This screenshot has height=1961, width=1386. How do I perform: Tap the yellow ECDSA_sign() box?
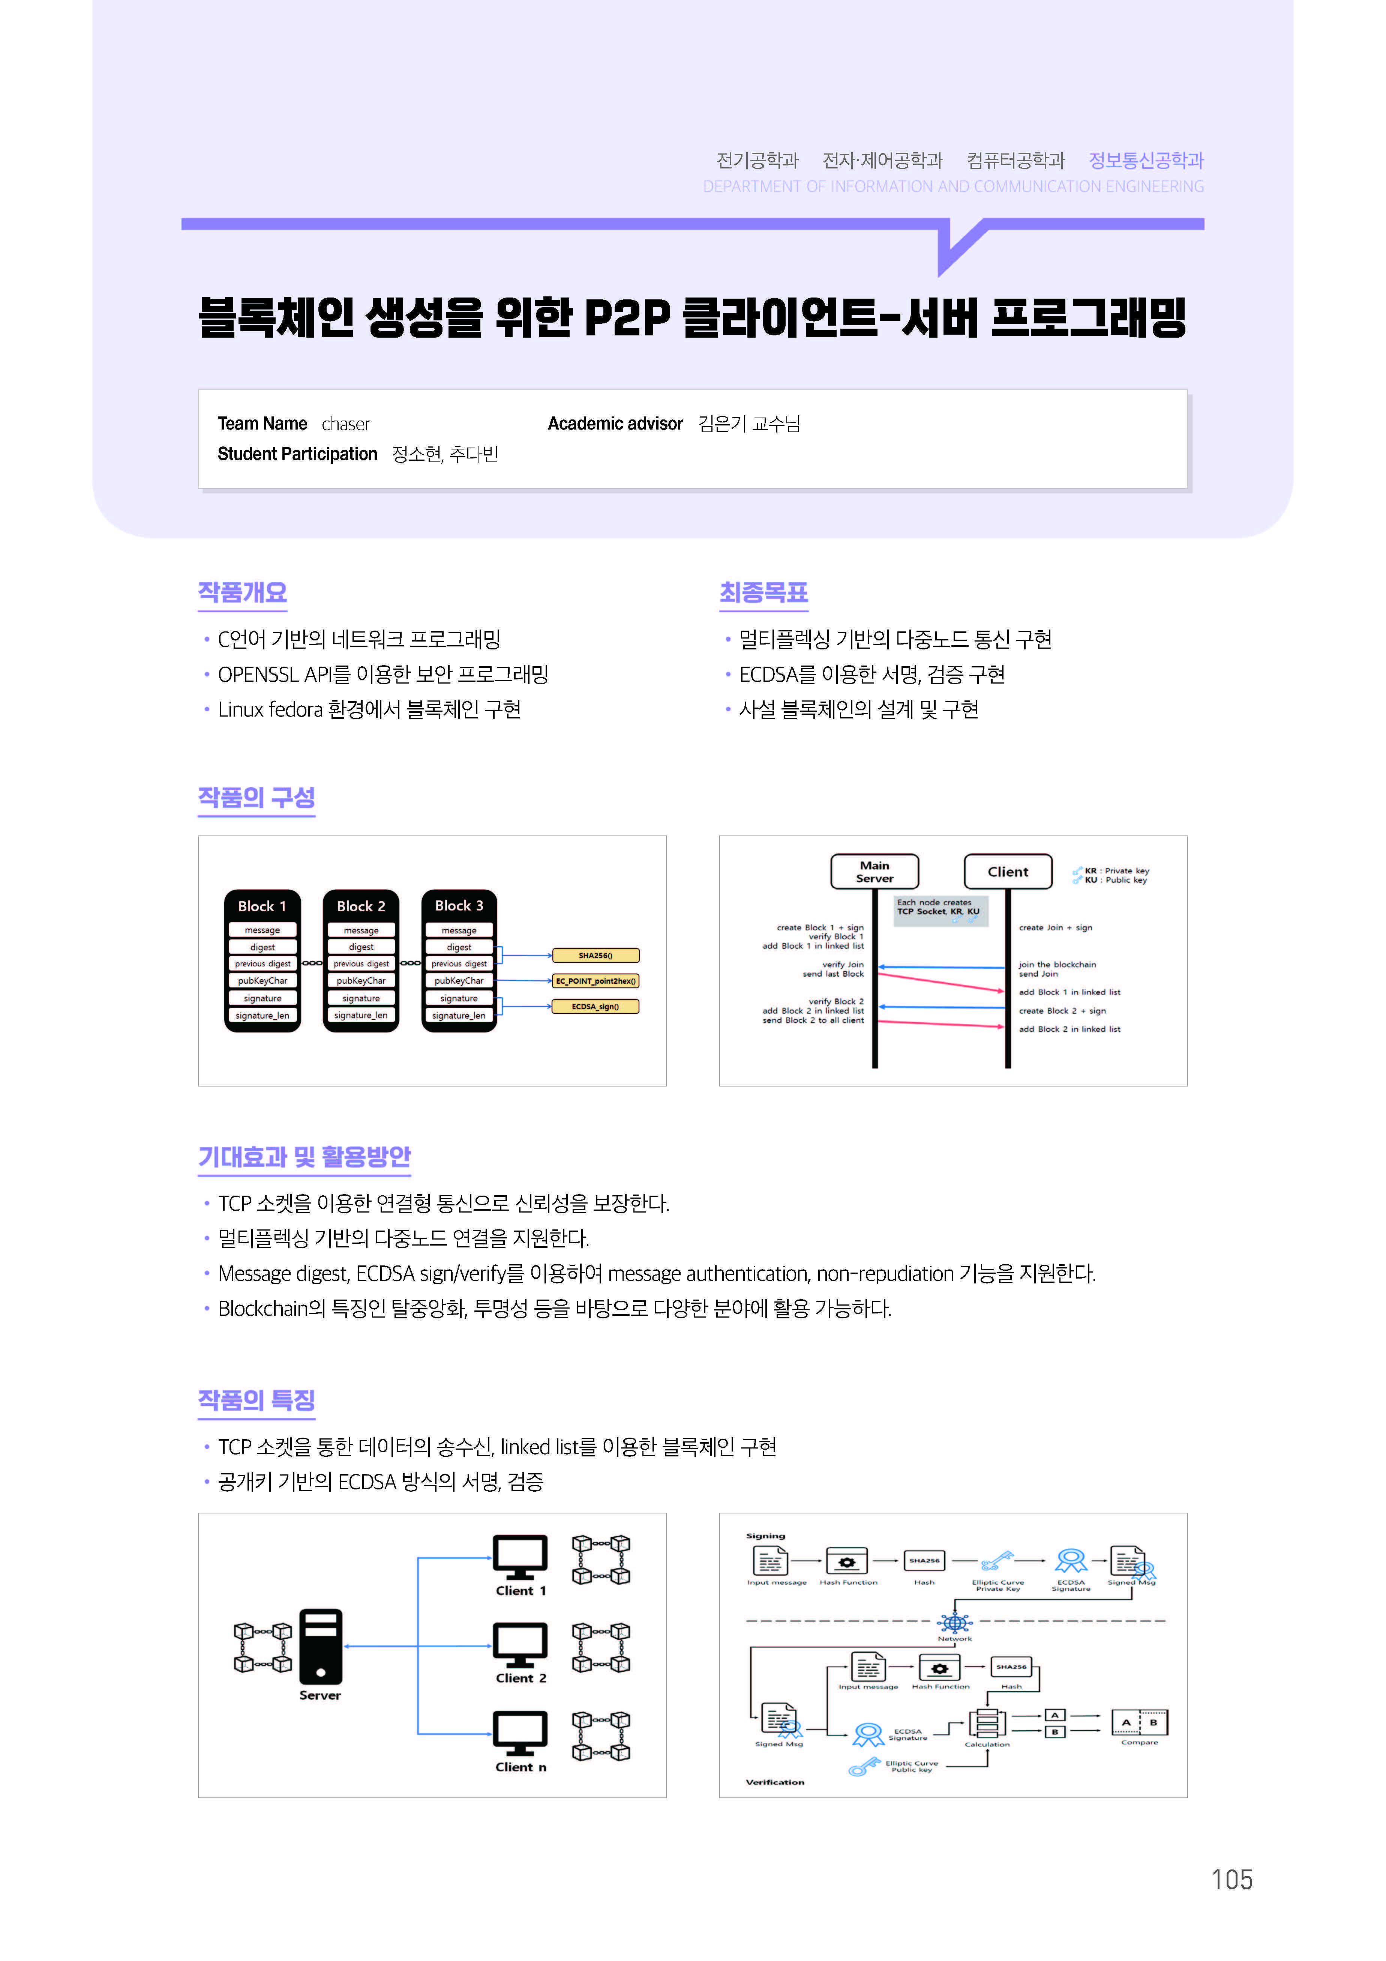point(595,1006)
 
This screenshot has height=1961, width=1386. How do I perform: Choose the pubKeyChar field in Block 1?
point(262,981)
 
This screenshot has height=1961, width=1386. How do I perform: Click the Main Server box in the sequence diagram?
point(874,871)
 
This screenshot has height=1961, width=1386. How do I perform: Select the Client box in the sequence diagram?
point(1008,871)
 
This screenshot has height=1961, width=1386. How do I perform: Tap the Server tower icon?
point(321,1646)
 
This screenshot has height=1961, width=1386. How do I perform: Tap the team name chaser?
point(346,424)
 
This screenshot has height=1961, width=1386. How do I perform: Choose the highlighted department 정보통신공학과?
point(1146,161)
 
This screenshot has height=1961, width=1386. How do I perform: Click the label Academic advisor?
point(615,424)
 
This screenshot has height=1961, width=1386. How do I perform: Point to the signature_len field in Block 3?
point(459,1016)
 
